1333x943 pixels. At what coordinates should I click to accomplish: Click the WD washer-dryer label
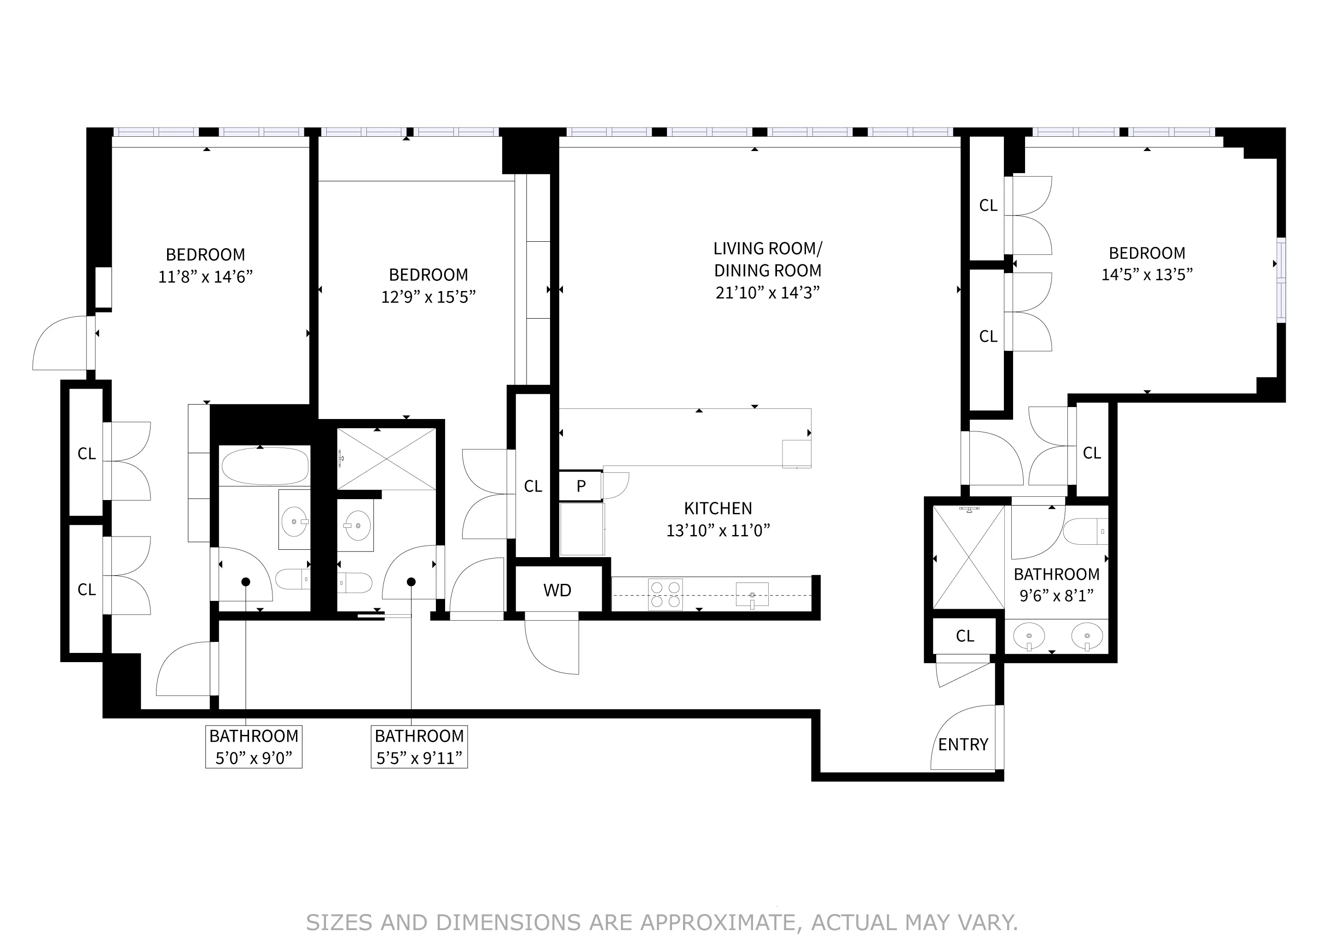pyautogui.click(x=557, y=590)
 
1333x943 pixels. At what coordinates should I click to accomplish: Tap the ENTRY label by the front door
pyautogui.click(x=962, y=745)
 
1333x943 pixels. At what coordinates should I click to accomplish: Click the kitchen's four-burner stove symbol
pyautogui.click(x=665, y=594)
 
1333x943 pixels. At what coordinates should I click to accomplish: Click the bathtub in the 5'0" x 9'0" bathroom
pyautogui.click(x=265, y=466)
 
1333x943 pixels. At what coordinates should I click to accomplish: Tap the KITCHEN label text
pyautogui.click(x=718, y=508)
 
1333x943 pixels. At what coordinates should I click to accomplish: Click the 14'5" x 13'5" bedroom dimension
pyautogui.click(x=1147, y=274)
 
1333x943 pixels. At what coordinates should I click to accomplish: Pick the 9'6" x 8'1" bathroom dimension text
pyautogui.click(x=1056, y=596)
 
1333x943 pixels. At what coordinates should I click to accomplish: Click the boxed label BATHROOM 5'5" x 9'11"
pyautogui.click(x=419, y=747)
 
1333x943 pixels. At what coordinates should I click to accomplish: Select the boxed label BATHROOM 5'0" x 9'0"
pyautogui.click(x=254, y=747)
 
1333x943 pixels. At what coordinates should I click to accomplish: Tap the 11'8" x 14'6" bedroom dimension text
pyautogui.click(x=206, y=276)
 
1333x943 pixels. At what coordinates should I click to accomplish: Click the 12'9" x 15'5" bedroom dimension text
pyautogui.click(x=429, y=297)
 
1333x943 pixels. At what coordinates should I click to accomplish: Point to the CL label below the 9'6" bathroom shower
pyautogui.click(x=964, y=636)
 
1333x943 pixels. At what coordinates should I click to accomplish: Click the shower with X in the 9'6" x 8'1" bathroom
pyautogui.click(x=968, y=558)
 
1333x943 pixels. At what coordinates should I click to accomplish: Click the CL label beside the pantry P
pyautogui.click(x=533, y=486)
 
